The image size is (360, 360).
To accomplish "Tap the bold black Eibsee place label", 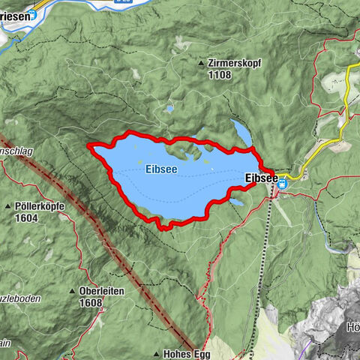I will [261, 178].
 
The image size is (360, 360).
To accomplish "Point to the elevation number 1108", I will [220, 75].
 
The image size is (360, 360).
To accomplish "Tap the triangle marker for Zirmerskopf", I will [201, 64].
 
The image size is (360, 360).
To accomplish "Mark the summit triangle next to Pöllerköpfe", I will [7, 206].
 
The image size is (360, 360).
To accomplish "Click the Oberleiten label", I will [100, 290].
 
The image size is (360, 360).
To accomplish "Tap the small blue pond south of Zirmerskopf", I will [169, 109].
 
